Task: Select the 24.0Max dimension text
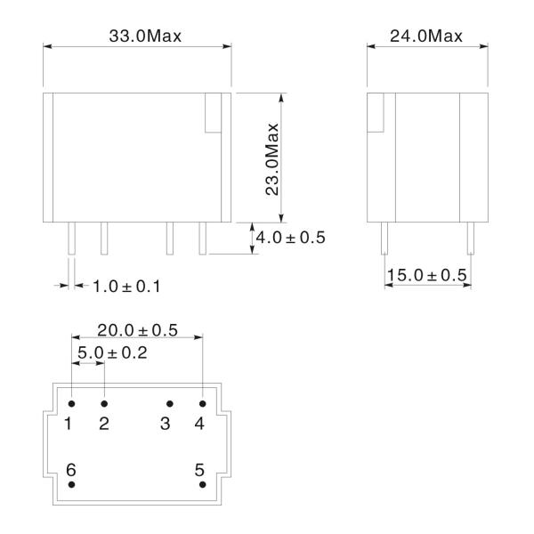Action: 426,36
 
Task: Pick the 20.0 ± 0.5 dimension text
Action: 137,330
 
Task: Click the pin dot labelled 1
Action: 71,403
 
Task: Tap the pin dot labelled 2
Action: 104,403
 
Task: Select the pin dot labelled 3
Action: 170,403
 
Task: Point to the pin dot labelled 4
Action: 203,403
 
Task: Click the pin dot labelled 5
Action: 203,485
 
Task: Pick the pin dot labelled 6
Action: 71,485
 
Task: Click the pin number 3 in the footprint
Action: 165,424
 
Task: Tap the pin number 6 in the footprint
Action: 70,468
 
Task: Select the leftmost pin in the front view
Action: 71,238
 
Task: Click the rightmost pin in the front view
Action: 202,238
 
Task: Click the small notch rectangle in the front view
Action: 213,113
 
